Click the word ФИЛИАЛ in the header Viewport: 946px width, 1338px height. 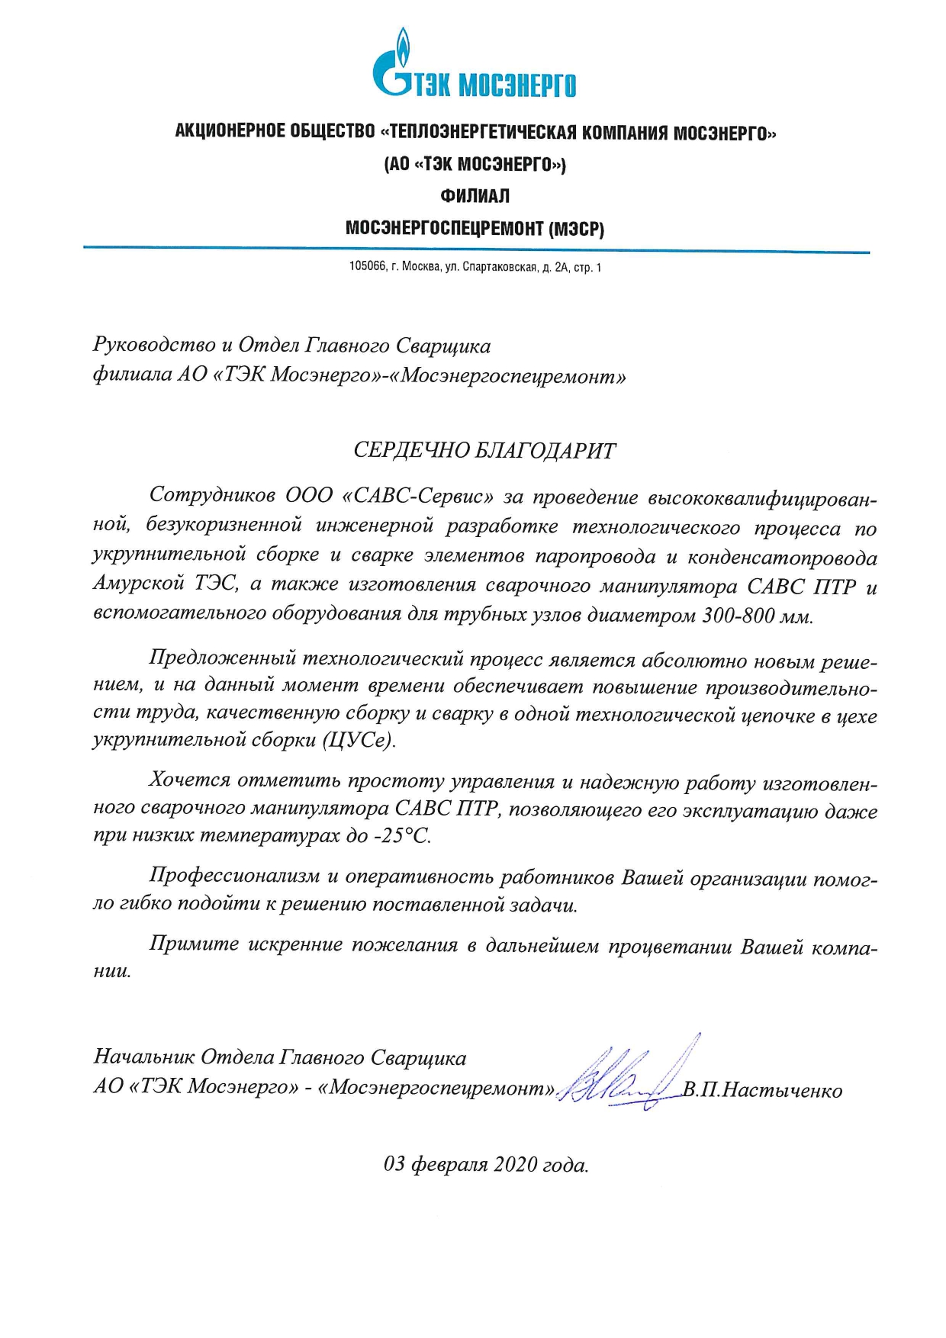475,196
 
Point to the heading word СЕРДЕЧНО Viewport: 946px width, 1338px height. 409,451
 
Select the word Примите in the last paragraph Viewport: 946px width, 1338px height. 194,944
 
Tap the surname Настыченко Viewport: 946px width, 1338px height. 782,1091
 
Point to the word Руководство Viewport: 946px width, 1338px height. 153,346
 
